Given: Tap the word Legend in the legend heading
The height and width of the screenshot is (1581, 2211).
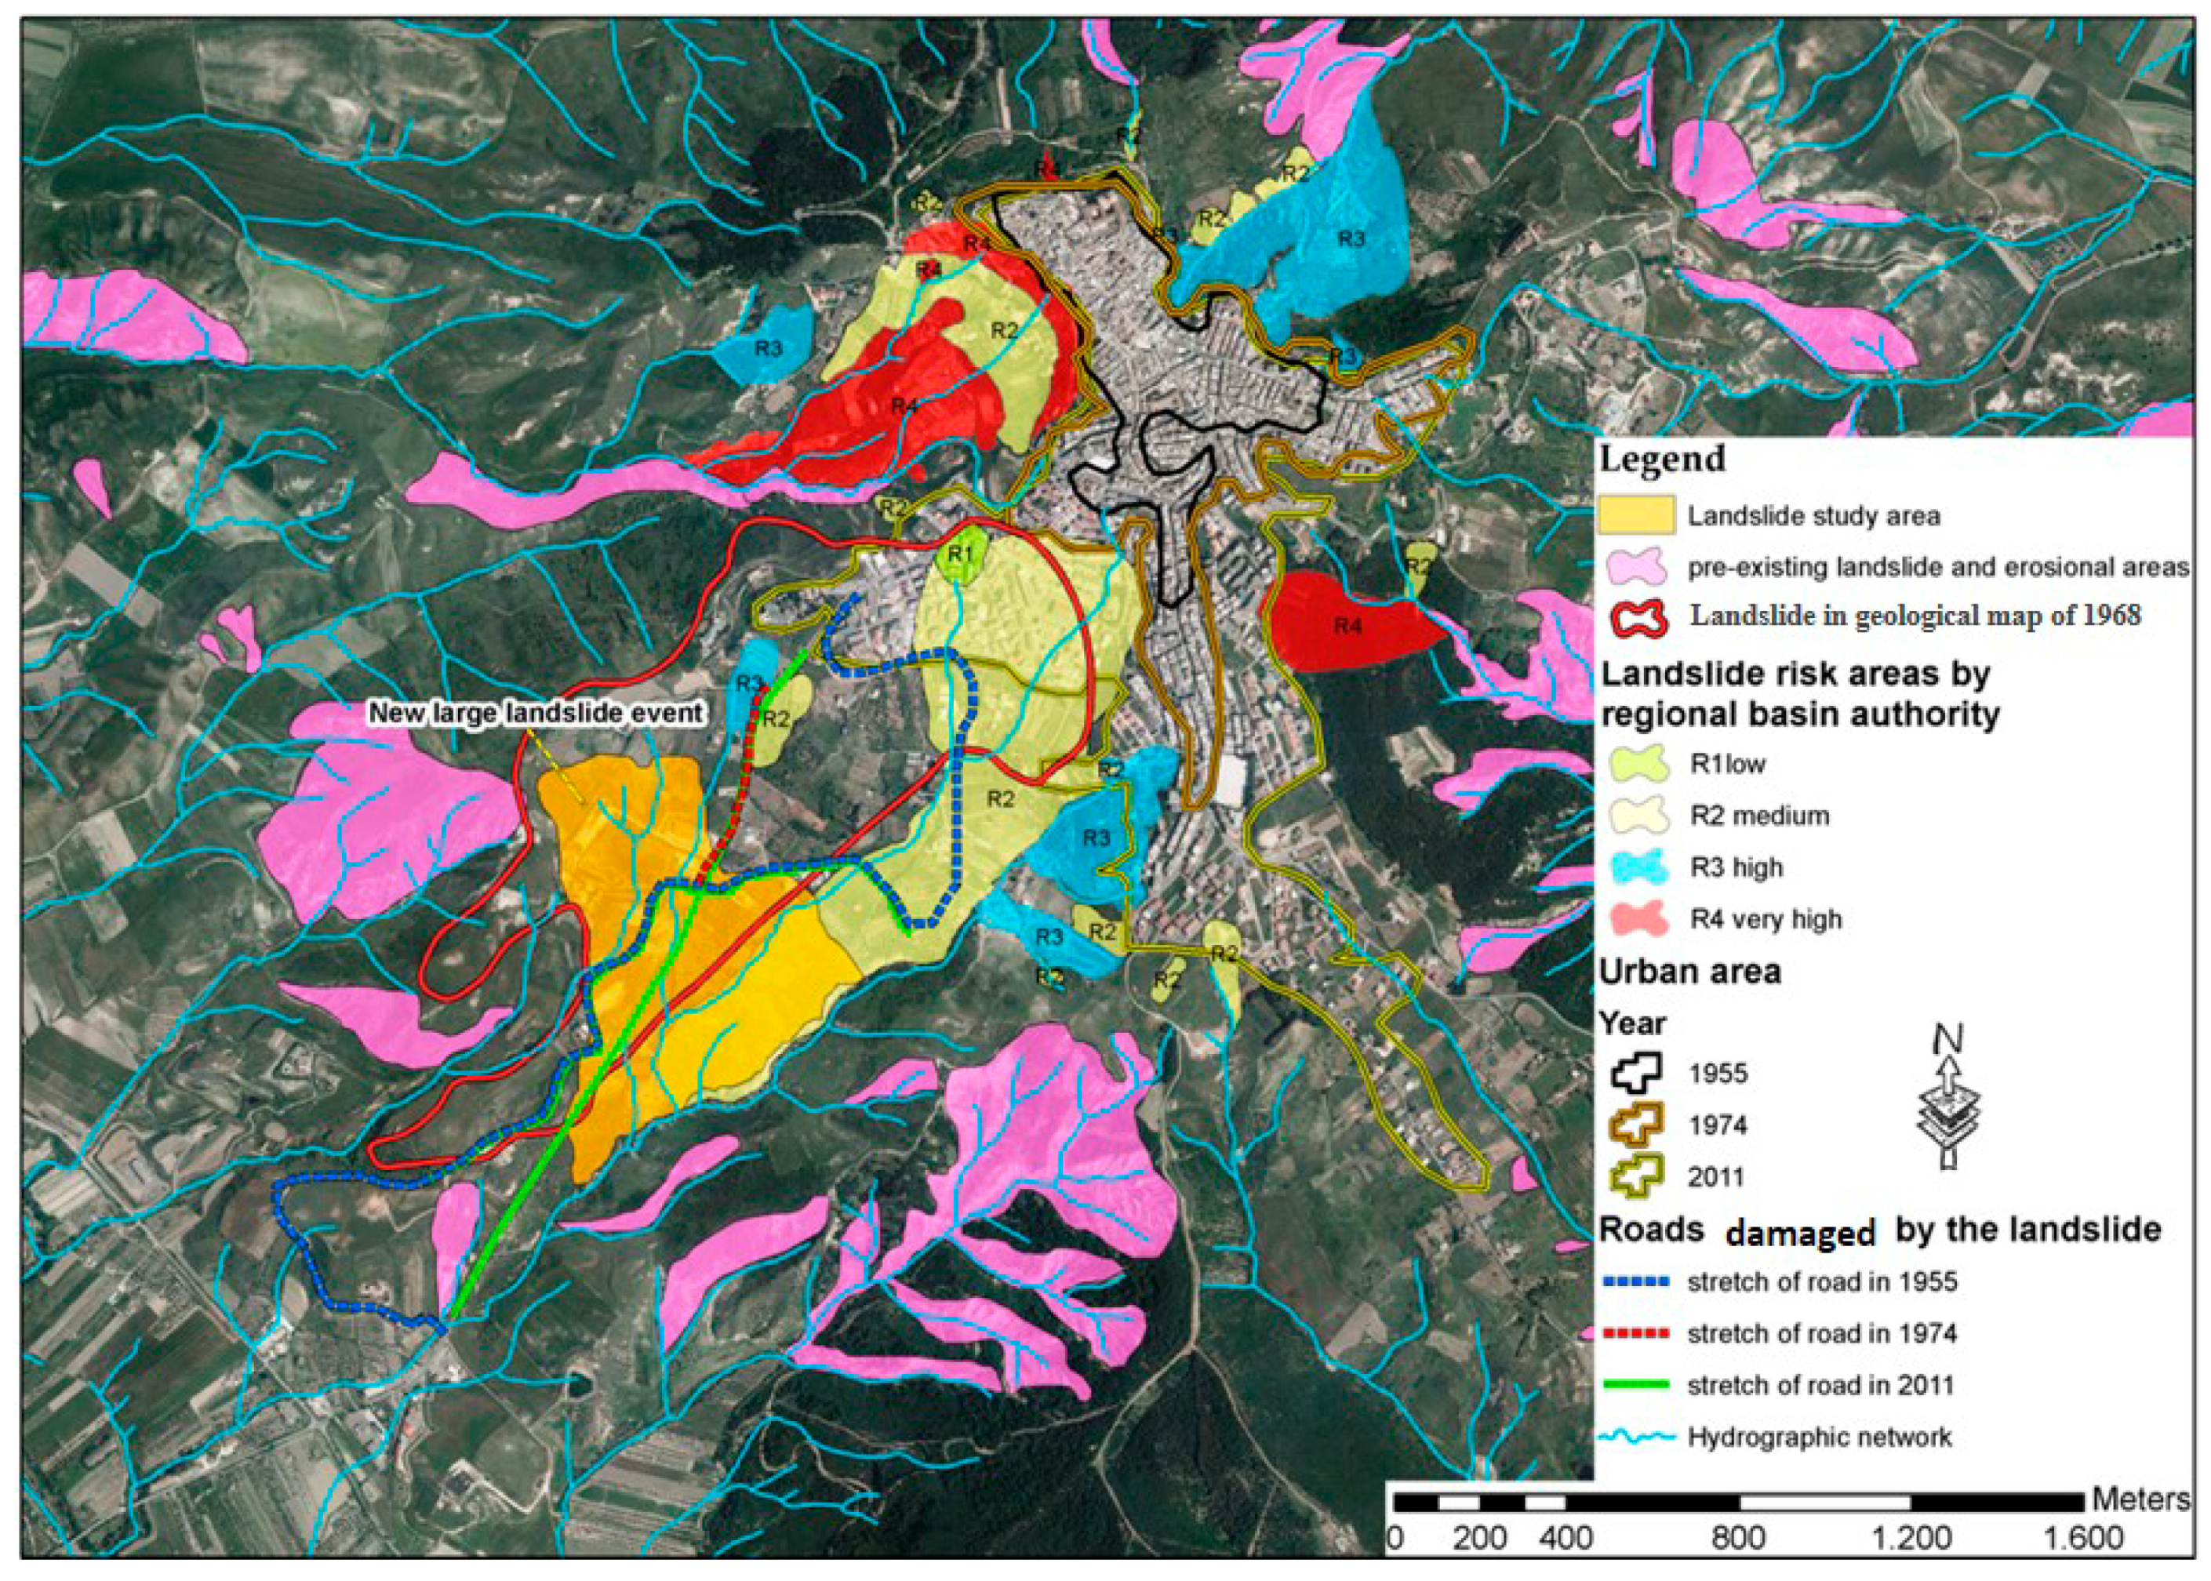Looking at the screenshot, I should pyautogui.click(x=1662, y=457).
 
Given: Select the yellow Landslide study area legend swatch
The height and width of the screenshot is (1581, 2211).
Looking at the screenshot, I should pyautogui.click(x=1635, y=515).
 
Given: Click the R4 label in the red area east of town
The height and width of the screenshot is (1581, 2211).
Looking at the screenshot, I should pyautogui.click(x=1347, y=626).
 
